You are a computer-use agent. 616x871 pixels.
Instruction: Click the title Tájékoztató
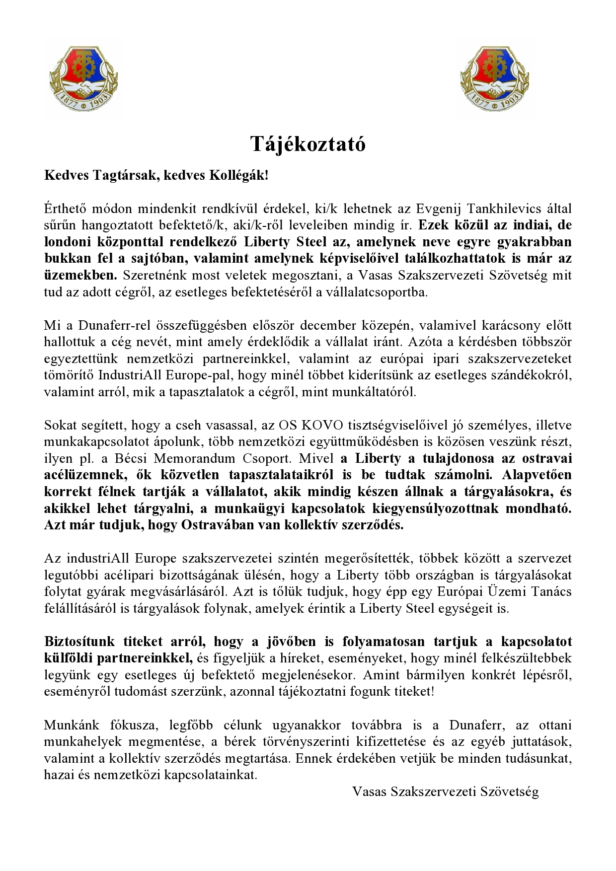[x=308, y=145]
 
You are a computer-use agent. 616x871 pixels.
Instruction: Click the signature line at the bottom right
[x=445, y=792]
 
